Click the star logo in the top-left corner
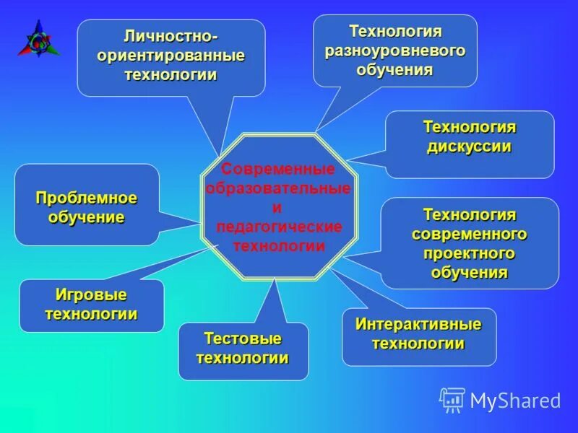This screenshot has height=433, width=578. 38,39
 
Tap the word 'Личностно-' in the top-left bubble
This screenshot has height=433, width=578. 171,36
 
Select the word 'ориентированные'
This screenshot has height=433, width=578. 171,56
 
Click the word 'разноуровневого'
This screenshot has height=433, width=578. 394,51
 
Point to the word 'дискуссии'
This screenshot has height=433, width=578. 469,146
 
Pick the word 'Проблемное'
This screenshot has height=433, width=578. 87,198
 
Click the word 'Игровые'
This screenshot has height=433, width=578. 91,295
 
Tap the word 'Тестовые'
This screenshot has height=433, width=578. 243,338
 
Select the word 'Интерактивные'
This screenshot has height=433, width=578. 418,324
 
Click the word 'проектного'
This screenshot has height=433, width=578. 469,253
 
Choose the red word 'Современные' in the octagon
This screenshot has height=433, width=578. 278,170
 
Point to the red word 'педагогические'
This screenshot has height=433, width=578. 278,227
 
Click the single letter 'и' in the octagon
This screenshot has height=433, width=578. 277,208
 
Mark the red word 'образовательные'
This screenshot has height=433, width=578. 278,188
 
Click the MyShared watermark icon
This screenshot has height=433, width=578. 452,400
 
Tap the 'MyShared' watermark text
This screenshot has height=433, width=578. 515,401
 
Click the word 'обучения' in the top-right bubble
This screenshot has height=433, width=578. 394,70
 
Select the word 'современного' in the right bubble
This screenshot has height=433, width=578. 469,235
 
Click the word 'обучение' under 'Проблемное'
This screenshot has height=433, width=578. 87,216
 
